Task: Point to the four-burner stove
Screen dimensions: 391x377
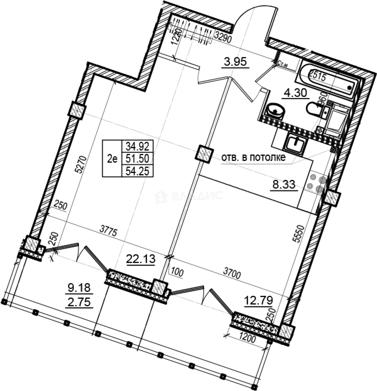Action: (317, 183)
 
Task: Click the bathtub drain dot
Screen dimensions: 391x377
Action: (349, 87)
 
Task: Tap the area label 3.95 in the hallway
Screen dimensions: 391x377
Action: (235, 62)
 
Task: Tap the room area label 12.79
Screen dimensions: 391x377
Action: (259, 300)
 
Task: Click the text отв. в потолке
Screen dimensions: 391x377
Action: (253, 157)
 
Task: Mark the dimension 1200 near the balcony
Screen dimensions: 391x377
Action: (247, 339)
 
